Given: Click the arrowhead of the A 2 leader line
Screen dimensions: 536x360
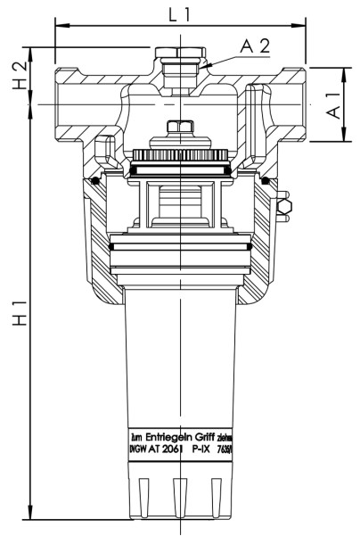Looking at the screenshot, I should pos(201,68).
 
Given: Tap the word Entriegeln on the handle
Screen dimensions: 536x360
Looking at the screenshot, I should pos(169,440).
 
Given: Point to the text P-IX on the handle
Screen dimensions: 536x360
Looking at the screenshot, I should pos(204,452).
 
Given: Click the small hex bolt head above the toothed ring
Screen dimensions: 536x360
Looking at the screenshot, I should pos(181,127).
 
